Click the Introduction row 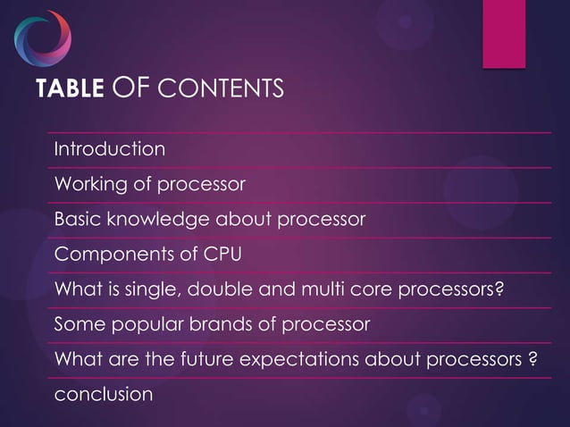point(110,149)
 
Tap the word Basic point(75,220)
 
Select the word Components point(107,255)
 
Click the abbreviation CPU point(222,255)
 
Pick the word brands point(211,325)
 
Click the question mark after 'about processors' point(532,360)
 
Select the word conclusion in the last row point(104,395)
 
